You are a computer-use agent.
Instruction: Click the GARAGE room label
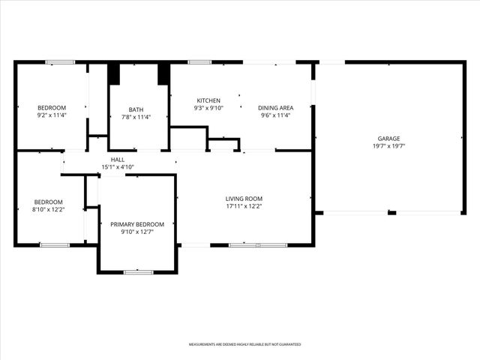click(x=388, y=138)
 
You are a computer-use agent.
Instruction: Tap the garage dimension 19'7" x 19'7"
click(x=388, y=146)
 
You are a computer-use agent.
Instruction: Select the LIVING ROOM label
click(x=244, y=199)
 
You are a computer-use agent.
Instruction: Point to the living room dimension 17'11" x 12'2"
click(x=244, y=206)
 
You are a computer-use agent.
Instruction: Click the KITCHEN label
click(x=208, y=100)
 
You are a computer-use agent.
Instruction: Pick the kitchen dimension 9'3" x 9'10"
click(x=208, y=108)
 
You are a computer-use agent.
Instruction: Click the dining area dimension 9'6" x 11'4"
click(x=275, y=115)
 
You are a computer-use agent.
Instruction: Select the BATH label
click(x=136, y=109)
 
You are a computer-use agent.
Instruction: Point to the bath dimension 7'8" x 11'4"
click(x=136, y=117)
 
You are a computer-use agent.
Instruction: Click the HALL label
click(x=118, y=159)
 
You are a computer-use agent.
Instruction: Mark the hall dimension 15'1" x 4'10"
click(x=118, y=166)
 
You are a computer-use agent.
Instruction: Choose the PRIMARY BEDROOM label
click(x=136, y=224)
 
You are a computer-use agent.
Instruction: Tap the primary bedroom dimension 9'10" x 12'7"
click(x=136, y=232)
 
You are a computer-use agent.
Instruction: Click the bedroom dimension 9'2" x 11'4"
click(x=52, y=115)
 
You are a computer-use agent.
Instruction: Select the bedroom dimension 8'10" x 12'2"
click(x=48, y=209)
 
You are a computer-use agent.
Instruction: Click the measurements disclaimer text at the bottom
click(x=244, y=344)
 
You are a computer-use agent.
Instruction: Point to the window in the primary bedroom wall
click(x=138, y=271)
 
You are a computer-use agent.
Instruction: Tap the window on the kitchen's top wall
click(x=199, y=62)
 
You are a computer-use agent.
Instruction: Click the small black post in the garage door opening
click(x=391, y=213)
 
